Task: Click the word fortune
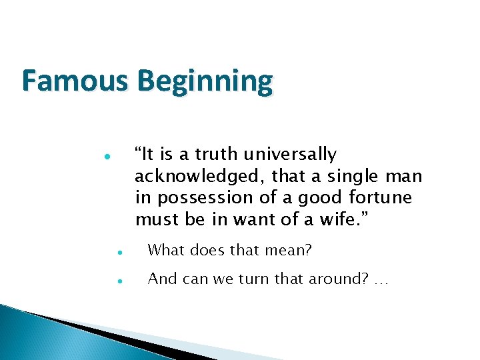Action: pos(381,198)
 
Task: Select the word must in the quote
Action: pos(154,220)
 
